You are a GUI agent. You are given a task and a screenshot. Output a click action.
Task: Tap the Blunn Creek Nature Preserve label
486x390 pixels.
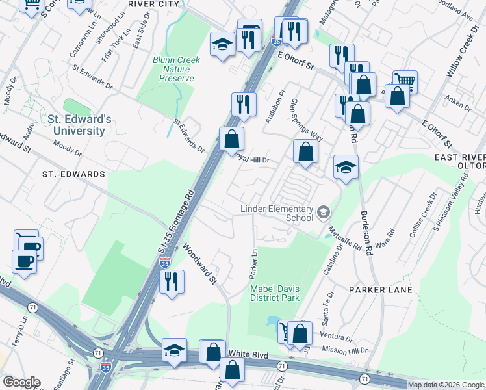click(176, 69)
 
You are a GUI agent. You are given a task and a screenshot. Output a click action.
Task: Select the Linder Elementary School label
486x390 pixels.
click(277, 213)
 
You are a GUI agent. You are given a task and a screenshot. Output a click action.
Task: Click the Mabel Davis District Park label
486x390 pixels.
click(275, 293)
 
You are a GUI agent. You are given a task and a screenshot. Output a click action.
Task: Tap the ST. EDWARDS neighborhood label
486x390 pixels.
click(73, 174)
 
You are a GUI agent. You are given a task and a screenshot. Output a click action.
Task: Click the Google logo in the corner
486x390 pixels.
click(21, 382)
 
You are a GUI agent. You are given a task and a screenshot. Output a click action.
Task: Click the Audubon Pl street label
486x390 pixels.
click(273, 107)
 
